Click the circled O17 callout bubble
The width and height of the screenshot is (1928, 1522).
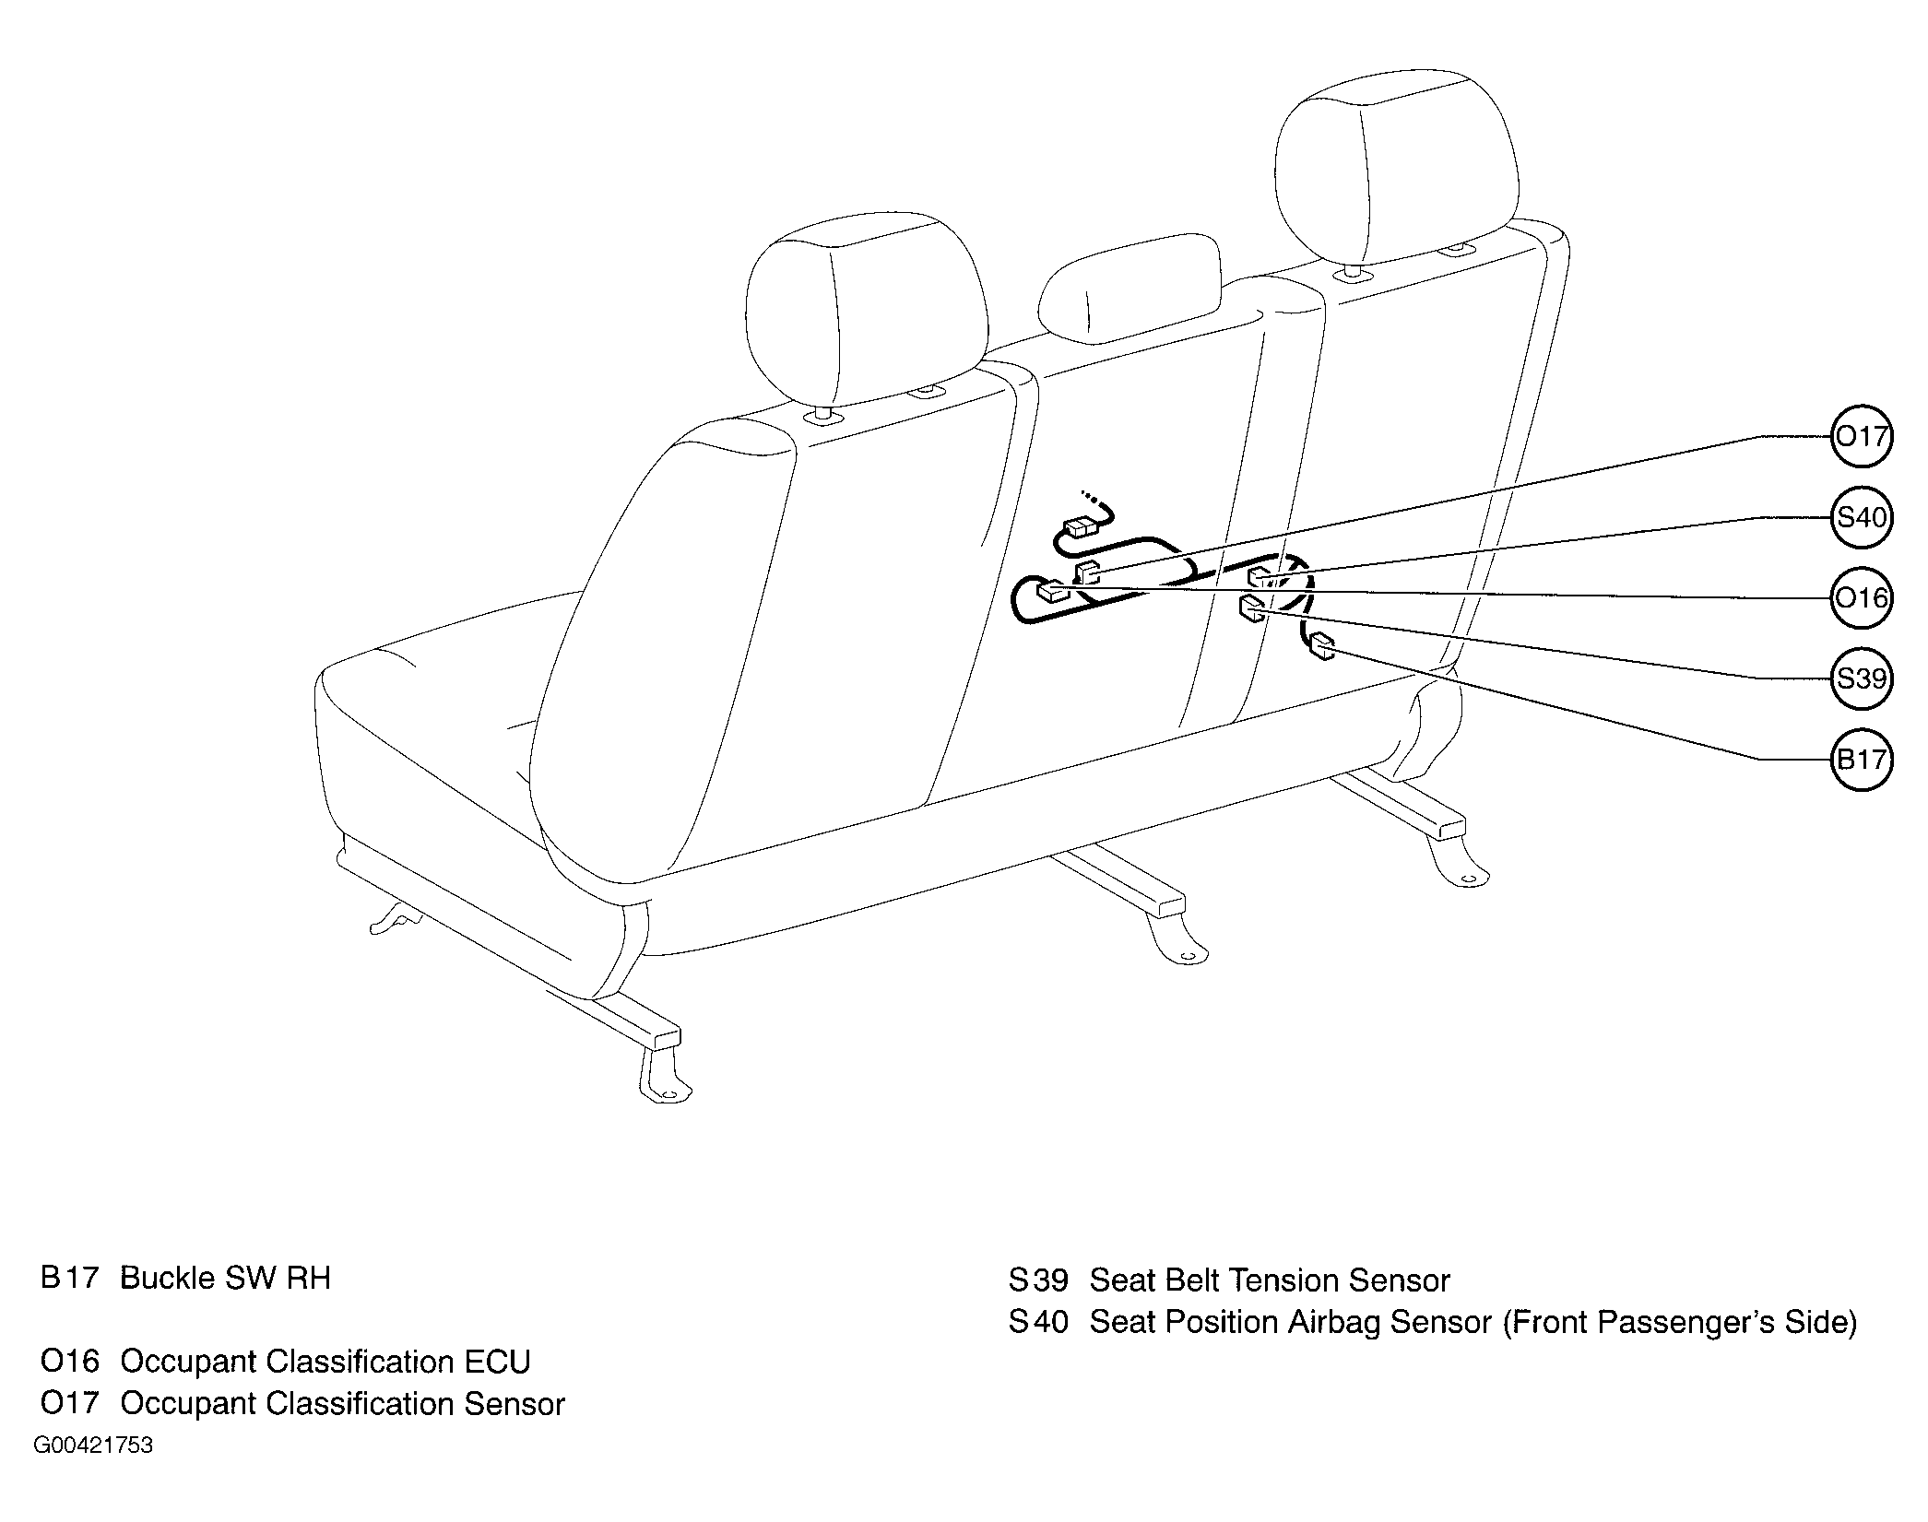(x=1861, y=436)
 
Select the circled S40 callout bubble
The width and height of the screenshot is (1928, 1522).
(x=1861, y=517)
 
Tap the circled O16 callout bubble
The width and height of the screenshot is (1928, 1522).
(x=1861, y=598)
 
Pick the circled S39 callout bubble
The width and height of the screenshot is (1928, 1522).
(x=1861, y=679)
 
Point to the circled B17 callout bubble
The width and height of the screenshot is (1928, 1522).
(x=1861, y=760)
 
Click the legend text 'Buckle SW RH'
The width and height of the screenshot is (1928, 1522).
(x=225, y=1279)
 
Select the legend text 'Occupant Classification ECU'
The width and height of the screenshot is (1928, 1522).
(x=325, y=1362)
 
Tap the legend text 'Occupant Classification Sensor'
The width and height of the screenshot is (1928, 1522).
(x=342, y=1404)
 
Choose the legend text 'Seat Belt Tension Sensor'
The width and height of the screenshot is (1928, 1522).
(x=1270, y=1280)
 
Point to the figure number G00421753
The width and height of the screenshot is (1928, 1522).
(x=93, y=1445)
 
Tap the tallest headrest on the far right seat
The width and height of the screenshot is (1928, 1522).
(x=1396, y=166)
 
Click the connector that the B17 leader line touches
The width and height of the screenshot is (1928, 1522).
(x=1322, y=646)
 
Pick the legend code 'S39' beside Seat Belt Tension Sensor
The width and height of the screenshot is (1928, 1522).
(x=1038, y=1280)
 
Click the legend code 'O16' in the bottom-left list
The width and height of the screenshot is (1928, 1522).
(x=70, y=1362)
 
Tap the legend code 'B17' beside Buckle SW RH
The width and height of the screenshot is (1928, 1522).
(x=70, y=1279)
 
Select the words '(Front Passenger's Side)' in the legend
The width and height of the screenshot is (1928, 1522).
(x=1680, y=1323)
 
